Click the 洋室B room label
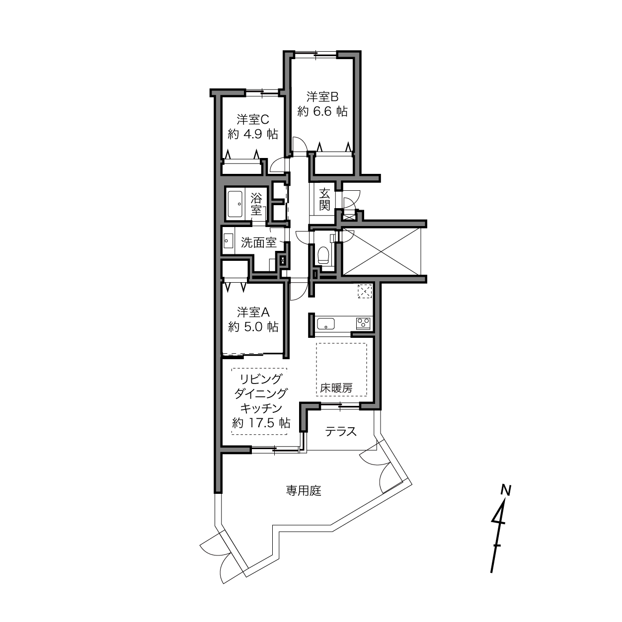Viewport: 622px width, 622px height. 322,96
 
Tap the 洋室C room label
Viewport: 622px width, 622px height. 253,119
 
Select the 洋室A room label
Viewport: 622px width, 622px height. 253,312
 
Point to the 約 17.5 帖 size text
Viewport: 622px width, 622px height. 261,423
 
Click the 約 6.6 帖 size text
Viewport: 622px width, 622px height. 322,112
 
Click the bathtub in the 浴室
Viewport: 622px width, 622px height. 235,204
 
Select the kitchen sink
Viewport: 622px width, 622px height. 326,323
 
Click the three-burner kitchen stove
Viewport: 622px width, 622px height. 364,323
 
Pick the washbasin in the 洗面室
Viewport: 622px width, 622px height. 228,241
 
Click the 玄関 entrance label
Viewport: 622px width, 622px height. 324,199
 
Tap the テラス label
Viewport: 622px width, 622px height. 340,432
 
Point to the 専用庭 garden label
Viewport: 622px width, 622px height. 304,491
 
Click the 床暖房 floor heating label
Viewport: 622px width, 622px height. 336,388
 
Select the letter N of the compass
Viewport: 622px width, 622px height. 506,490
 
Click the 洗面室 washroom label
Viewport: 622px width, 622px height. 259,242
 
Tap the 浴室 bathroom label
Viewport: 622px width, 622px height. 256,204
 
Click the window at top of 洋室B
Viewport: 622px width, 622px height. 315,54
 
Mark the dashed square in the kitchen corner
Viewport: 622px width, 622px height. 365,292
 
